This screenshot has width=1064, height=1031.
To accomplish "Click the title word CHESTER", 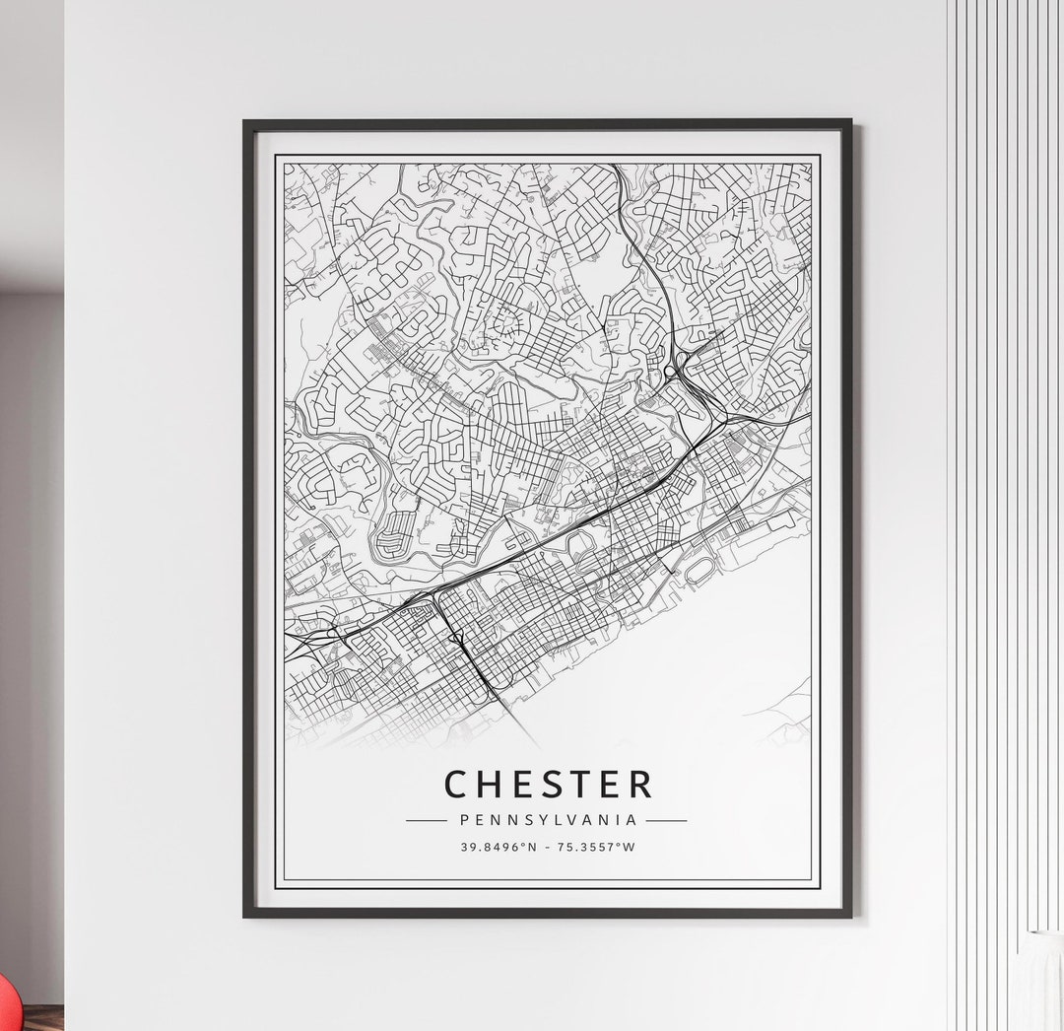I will coord(548,784).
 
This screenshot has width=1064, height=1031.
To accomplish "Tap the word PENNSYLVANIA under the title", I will coord(547,820).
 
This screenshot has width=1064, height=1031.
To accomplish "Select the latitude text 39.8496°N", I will coord(499,847).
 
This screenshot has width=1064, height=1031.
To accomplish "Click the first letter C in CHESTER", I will coord(455,784).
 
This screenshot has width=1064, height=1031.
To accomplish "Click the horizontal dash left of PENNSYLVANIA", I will coord(426,820).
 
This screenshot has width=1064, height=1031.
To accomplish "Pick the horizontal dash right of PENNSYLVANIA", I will coord(667,820).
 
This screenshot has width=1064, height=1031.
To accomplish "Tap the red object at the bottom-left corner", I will coord(5,1006).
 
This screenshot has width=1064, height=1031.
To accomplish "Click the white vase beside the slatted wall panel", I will coord(1041,981).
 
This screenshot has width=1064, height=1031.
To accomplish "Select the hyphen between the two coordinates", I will coord(550,847).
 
